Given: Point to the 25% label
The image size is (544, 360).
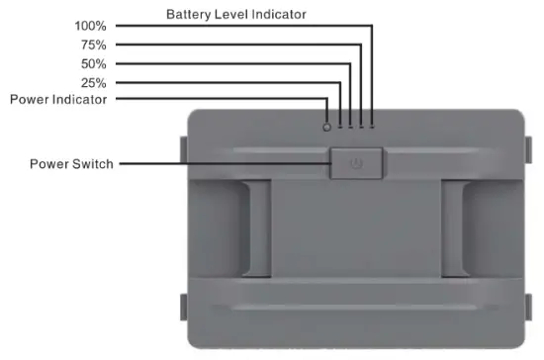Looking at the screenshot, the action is click(95, 82).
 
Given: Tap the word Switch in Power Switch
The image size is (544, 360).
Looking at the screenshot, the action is click(93, 164).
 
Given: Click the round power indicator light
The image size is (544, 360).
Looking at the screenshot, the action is click(327, 126).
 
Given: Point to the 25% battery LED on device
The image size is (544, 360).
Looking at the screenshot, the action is click(339, 126).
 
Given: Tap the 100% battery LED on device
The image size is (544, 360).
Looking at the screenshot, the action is click(372, 126).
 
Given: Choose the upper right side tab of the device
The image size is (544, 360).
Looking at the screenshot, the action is click(526, 148).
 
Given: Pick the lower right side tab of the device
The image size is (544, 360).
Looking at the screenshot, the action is click(526, 308).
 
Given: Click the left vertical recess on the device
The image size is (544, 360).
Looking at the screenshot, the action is click(255, 227).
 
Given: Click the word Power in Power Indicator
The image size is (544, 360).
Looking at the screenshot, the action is click(31, 99).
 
